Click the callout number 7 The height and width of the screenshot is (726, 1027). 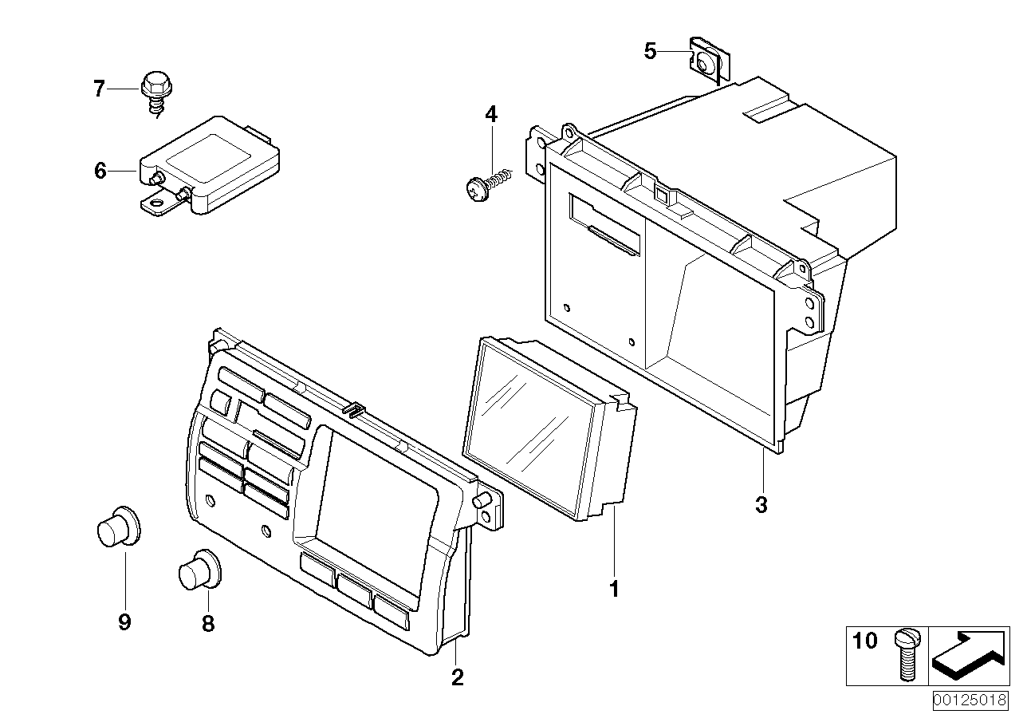[x=99, y=89]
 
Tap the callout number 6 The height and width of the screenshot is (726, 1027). [x=100, y=171]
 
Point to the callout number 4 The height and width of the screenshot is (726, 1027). [x=491, y=116]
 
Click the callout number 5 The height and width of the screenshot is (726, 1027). [x=651, y=52]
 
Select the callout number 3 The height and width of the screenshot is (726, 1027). [x=761, y=504]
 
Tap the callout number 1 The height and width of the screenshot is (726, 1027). [x=614, y=590]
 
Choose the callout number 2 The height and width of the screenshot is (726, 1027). [x=457, y=677]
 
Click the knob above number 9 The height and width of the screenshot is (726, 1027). [x=116, y=528]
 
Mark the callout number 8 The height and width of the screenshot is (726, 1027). [x=207, y=624]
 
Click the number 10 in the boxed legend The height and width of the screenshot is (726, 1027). [x=864, y=641]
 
